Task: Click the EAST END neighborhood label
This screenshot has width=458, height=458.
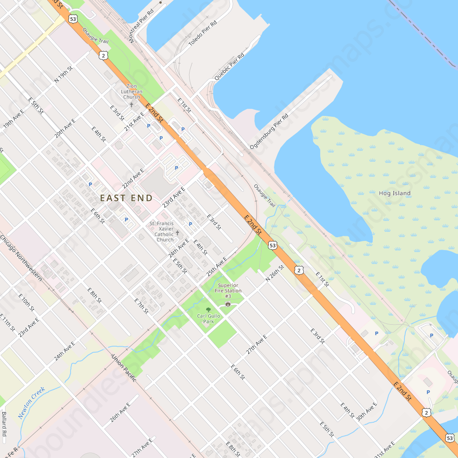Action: point(126,198)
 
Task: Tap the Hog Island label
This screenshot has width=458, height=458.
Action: point(395,193)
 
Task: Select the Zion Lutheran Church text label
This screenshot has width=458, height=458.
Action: point(131,91)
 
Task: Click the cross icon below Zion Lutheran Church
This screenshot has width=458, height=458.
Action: point(131,104)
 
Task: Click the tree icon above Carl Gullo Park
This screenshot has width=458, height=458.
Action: point(209,310)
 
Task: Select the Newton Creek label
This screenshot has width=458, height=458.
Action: point(32,403)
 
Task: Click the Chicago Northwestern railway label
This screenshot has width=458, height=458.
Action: point(21,258)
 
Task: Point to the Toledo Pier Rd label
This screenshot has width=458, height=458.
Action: point(202,33)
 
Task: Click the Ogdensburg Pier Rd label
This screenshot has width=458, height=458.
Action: point(269,131)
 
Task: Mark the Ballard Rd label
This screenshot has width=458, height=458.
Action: point(4,423)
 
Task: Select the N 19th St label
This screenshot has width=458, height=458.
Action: point(64,74)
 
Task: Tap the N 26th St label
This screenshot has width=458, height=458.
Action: point(275,273)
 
